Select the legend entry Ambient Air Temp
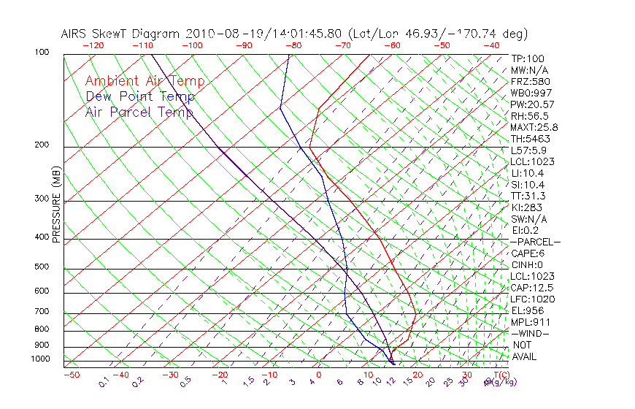click(145, 81)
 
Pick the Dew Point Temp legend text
click(139, 96)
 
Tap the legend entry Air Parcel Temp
click(139, 112)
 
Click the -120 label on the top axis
click(93, 45)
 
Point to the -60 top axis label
click(392, 45)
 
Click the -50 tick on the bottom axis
click(71, 375)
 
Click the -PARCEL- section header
click(536, 242)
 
